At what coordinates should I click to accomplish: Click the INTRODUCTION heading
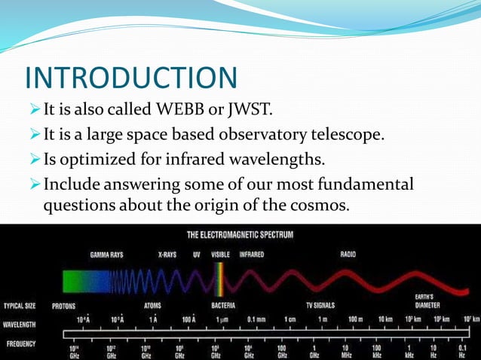131,78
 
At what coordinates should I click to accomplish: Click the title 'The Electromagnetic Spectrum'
240,235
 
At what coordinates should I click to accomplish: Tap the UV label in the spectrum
197,255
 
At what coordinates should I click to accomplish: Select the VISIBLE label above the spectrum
220,255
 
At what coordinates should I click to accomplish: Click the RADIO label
348,255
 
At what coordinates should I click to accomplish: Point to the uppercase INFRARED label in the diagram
252,255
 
